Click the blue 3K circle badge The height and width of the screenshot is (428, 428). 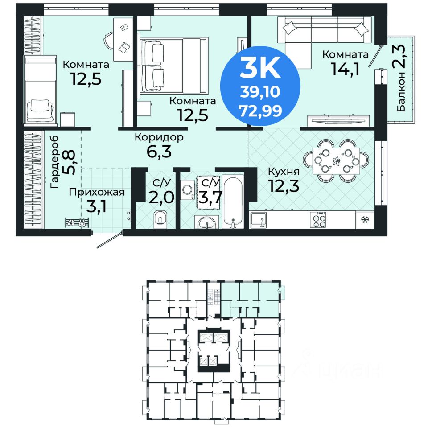click(x=260, y=86)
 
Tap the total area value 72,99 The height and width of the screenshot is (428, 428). click(x=260, y=111)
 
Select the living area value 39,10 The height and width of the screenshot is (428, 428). click(x=260, y=92)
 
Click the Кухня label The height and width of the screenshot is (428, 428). click(x=284, y=171)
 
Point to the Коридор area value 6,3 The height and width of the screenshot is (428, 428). click(x=159, y=152)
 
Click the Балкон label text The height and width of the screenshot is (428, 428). click(x=401, y=92)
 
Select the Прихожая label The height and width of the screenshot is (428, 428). click(x=97, y=192)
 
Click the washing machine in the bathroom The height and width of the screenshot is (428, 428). click(x=188, y=189)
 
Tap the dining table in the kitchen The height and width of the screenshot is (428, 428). click(x=336, y=161)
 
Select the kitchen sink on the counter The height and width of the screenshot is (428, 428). click(x=259, y=220)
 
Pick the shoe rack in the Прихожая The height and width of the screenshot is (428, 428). click(x=77, y=222)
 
